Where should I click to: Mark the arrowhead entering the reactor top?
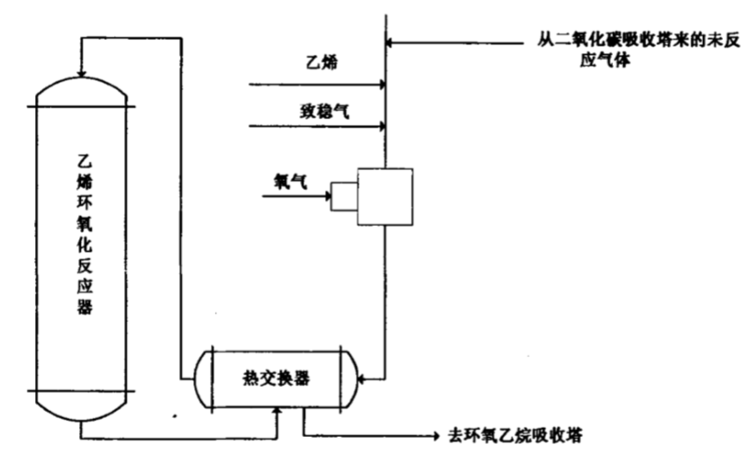click(80, 73)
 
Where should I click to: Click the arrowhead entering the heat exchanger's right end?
click(360, 379)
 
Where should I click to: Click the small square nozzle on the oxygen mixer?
click(342, 197)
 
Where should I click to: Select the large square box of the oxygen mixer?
click(384, 196)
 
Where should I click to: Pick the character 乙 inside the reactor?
click(80, 155)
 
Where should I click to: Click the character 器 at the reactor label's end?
click(80, 308)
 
